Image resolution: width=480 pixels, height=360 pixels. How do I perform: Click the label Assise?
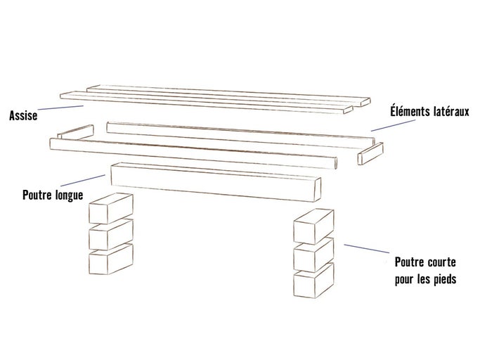tap(22, 115)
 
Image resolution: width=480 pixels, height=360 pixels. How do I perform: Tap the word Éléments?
tap(412, 112)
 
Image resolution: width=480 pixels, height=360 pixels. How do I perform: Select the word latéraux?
tap(453, 112)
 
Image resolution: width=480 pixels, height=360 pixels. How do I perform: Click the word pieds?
tap(443, 280)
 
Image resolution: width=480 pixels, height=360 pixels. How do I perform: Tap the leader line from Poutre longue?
tap(84, 181)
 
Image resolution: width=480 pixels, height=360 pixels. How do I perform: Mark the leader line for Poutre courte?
tap(365, 248)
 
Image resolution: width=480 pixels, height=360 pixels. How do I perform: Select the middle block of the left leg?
tap(109, 233)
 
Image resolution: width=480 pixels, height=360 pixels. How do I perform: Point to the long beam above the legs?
tap(211, 181)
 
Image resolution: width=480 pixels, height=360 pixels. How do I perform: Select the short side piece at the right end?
tap(370, 153)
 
